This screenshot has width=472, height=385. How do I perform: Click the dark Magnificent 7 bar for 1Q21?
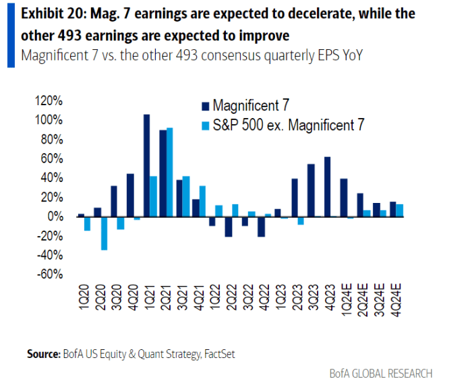146,165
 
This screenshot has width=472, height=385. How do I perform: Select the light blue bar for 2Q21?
170,172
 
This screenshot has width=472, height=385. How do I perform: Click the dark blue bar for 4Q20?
130,195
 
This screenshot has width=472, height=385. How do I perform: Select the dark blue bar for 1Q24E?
344,198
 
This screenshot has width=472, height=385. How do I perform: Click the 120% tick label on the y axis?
49,100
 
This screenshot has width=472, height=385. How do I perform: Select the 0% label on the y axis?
55,217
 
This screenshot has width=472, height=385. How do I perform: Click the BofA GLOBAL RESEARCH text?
381,373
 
